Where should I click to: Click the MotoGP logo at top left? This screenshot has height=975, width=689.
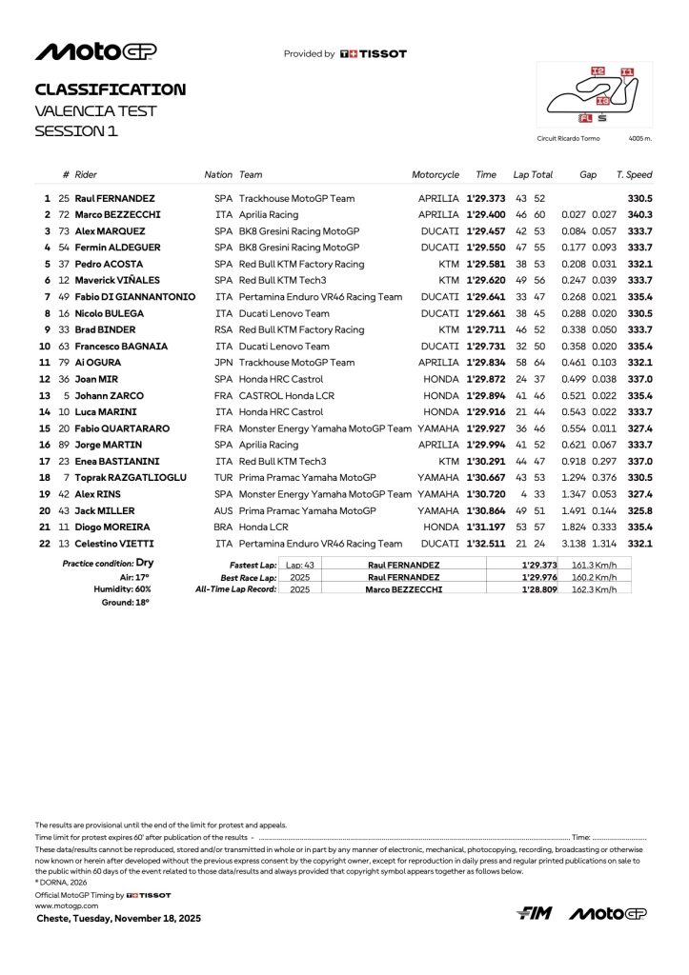coord(96,52)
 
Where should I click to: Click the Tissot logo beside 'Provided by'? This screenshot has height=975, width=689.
coord(374,54)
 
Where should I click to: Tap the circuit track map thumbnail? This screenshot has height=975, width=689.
coord(595,95)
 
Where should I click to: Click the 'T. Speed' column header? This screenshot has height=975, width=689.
coord(634,175)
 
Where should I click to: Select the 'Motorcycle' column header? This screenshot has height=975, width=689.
coord(436,175)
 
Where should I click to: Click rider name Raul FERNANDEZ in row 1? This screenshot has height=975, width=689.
coord(115,198)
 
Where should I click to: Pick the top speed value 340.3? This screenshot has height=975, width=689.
coord(639,214)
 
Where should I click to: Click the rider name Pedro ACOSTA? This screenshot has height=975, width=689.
coord(109,264)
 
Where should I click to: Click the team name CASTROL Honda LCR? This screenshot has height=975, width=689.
coord(287,395)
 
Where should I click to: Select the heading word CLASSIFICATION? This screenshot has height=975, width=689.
coord(111,90)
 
